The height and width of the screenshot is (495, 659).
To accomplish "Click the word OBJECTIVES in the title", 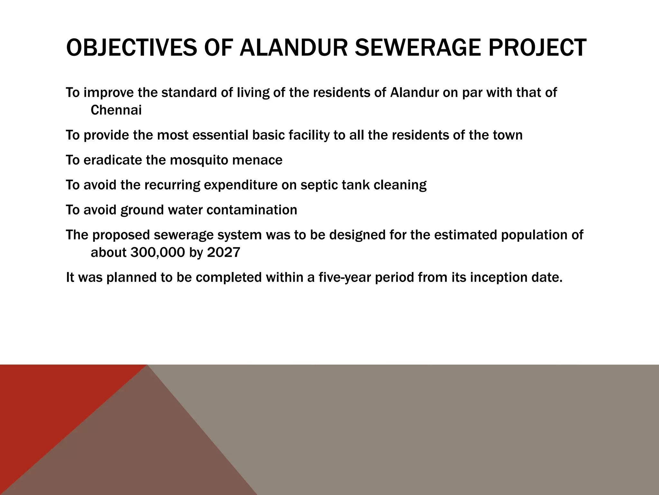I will click(x=131, y=48).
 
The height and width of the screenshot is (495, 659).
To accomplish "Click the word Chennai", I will click(x=116, y=111).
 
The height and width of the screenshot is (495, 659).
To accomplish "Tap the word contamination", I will click(x=252, y=210).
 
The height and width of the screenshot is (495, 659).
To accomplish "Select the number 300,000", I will click(x=158, y=252).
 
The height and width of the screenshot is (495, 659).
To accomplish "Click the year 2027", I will click(x=224, y=252).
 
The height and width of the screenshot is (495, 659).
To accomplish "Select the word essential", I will click(x=220, y=135).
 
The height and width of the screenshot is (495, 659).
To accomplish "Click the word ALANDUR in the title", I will click(x=294, y=48).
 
